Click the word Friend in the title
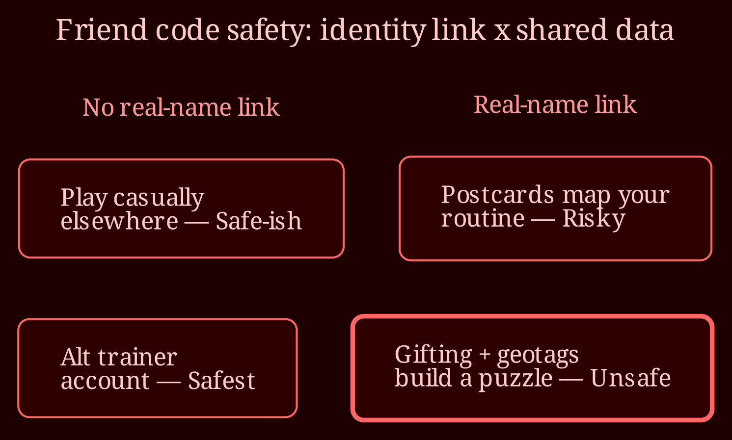pos(102,30)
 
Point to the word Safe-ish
pos(259,220)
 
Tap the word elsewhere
pos(119,220)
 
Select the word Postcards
pos(497,195)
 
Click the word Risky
pos(594,219)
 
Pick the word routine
pos(483,218)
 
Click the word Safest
pos(221,380)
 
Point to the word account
pos(105,381)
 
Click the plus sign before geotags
pos(485,355)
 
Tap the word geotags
pos(538,356)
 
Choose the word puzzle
pos(515,379)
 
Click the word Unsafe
pos(630,378)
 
